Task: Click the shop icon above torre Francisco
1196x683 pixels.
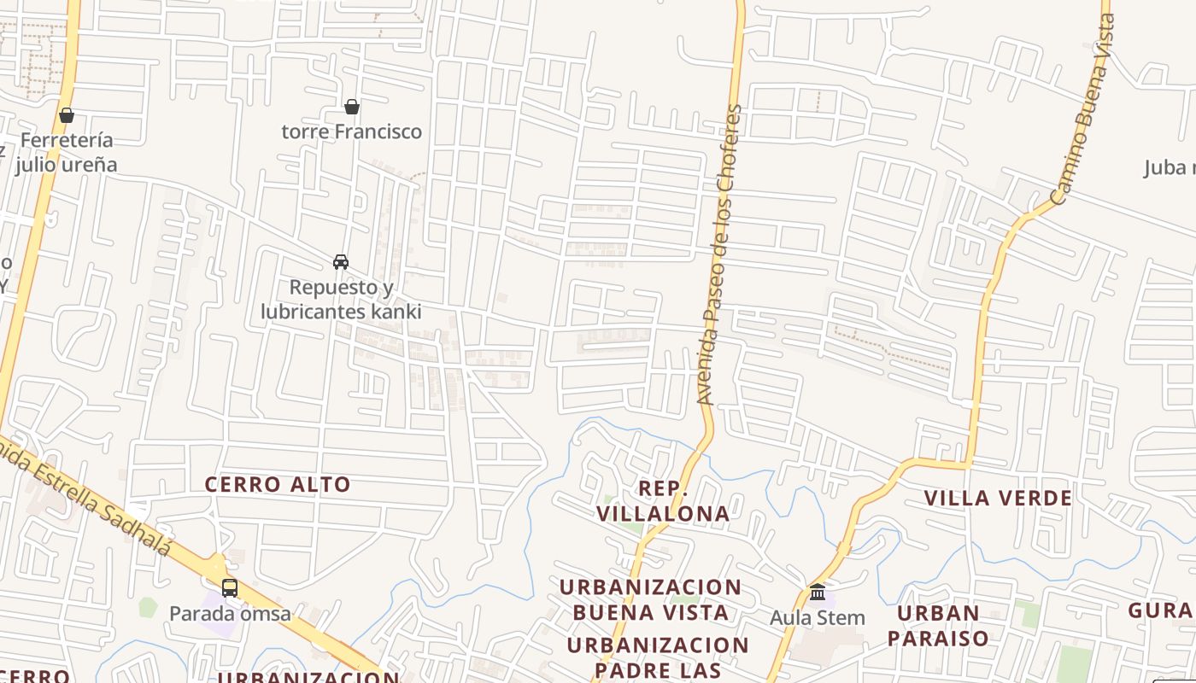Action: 351,107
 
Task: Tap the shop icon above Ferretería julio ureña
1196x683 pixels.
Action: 67,115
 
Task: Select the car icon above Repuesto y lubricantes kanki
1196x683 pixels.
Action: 341,262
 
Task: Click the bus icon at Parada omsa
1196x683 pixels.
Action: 230,588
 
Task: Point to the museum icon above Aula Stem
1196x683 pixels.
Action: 818,592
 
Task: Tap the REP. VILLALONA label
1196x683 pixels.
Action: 663,501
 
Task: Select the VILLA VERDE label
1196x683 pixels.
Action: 998,499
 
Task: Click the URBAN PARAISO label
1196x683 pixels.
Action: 937,625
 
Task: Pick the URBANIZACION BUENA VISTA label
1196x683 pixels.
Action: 650,599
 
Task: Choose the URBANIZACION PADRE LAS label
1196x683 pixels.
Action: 657,657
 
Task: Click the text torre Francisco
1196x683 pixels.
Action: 352,131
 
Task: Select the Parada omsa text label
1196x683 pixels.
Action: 230,614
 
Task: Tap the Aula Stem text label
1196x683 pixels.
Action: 818,617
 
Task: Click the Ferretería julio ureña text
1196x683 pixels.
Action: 67,152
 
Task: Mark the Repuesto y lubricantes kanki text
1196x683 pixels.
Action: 341,300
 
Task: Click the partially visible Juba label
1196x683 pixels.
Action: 1169,167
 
